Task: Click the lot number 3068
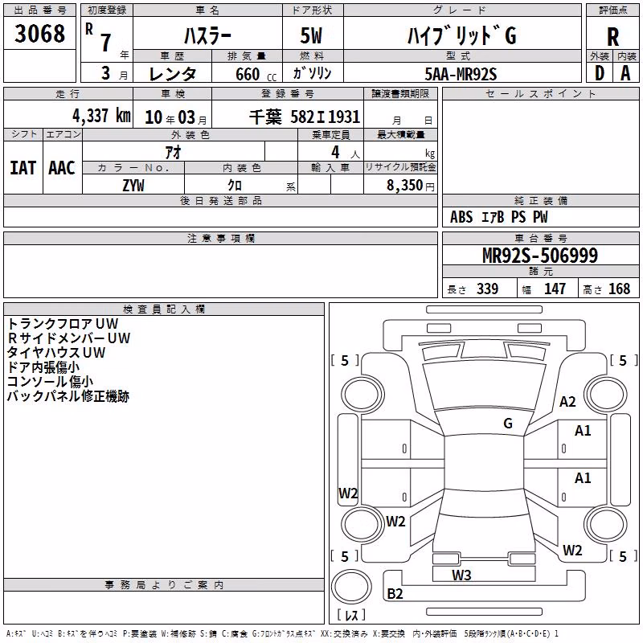(x=39, y=33)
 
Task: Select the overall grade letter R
(x=612, y=37)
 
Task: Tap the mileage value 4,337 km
(x=101, y=116)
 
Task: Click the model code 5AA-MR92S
(x=461, y=74)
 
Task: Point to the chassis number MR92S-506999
(x=540, y=256)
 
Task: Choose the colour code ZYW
(x=133, y=186)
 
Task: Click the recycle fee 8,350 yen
(x=410, y=186)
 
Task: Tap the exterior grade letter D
(x=599, y=73)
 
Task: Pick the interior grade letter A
(x=625, y=73)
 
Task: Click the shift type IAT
(x=23, y=168)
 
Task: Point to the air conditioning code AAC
(x=62, y=168)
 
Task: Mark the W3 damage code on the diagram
(x=461, y=575)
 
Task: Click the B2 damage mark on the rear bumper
(x=395, y=593)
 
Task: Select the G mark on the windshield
(x=508, y=423)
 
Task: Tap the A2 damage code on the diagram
(x=567, y=401)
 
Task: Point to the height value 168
(x=619, y=289)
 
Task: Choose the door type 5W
(x=311, y=35)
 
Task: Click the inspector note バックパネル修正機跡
(x=68, y=396)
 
